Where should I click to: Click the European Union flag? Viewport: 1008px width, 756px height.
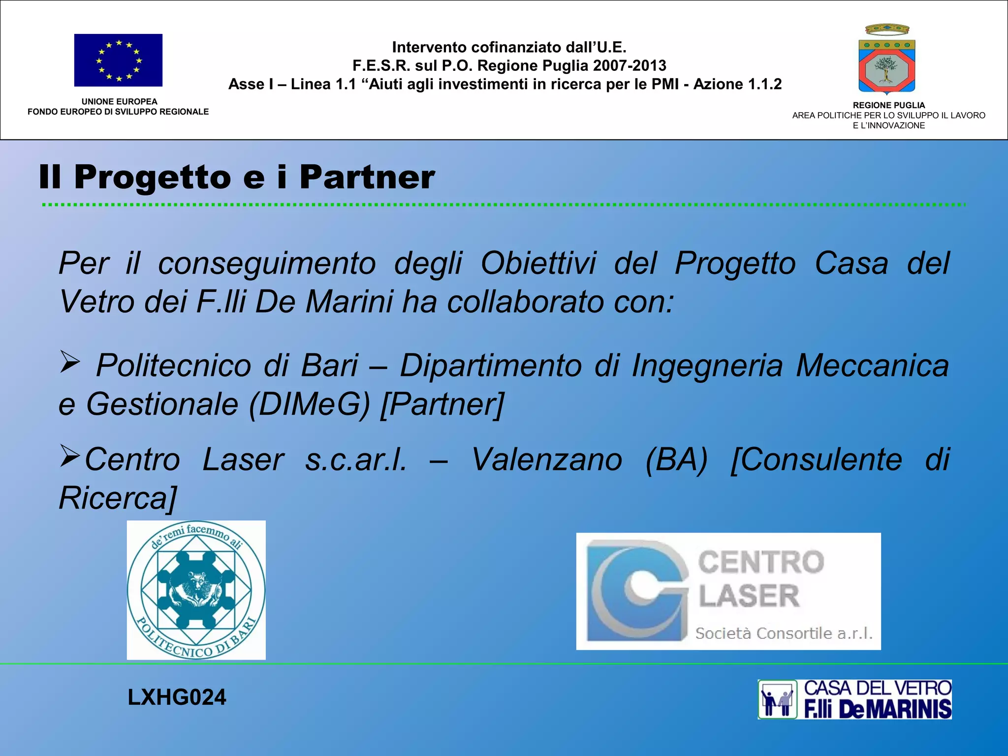[x=118, y=60]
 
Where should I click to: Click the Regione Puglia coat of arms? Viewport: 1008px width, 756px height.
[x=887, y=60]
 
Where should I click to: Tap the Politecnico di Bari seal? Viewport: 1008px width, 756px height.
[x=196, y=590]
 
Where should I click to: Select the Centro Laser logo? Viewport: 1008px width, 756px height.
[x=728, y=591]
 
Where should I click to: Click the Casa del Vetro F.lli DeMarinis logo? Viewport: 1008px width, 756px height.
[x=854, y=699]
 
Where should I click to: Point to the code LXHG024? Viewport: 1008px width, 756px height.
[x=177, y=697]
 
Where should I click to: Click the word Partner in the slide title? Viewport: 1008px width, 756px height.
[x=367, y=177]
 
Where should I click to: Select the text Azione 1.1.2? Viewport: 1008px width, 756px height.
[x=737, y=84]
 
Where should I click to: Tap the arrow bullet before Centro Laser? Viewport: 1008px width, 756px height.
[x=69, y=456]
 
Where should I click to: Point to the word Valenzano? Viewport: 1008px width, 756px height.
[x=547, y=460]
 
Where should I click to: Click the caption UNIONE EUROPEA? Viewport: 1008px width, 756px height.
[x=119, y=102]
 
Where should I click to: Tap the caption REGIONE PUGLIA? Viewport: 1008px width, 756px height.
[x=888, y=105]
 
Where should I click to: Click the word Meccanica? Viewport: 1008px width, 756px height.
[x=872, y=366]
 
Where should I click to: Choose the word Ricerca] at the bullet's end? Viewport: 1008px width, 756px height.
[x=118, y=498]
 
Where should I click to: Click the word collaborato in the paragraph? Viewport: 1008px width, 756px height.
[x=525, y=302]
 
